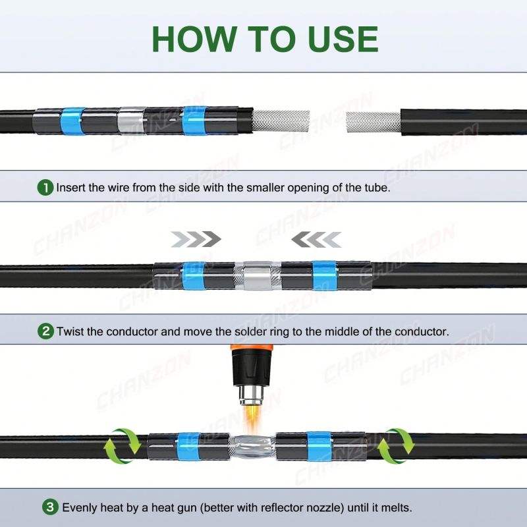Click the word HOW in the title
pyautogui.click(x=194, y=39)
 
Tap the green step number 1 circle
pyautogui.click(x=45, y=188)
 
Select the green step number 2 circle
pyautogui.click(x=45, y=331)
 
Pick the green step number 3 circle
pyautogui.click(x=50, y=507)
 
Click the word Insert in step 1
pyautogui.click(x=71, y=187)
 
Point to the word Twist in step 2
pyautogui.click(x=70, y=331)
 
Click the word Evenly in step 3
pyautogui.click(x=80, y=507)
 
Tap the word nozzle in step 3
pyautogui.click(x=323, y=507)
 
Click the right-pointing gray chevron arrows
pyautogui.click(x=196, y=239)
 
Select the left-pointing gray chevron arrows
pyautogui.click(x=316, y=239)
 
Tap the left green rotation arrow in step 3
pyautogui.click(x=123, y=446)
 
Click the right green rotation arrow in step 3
pyautogui.click(x=396, y=446)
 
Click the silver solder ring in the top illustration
pyautogui.click(x=131, y=121)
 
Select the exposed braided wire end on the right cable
pyautogui.click(x=374, y=122)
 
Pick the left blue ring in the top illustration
pyautogui.click(x=72, y=121)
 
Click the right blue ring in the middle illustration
pyautogui.click(x=324, y=275)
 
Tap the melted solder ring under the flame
pyautogui.click(x=252, y=447)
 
